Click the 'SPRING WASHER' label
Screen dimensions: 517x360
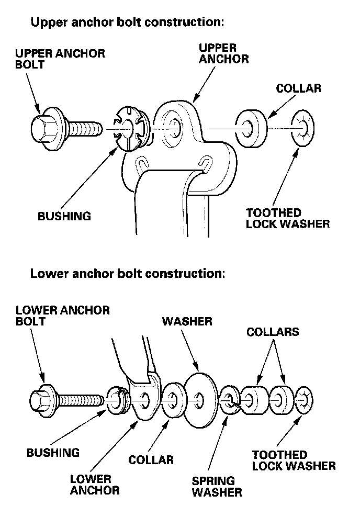pyautogui.click(x=217, y=486)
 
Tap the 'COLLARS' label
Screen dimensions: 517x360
pyautogui.click(x=273, y=332)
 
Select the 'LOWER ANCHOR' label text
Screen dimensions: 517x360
pyautogui.click(x=95, y=484)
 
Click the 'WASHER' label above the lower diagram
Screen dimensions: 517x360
pyautogui.click(x=187, y=321)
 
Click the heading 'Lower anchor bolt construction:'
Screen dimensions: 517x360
pyautogui.click(x=128, y=273)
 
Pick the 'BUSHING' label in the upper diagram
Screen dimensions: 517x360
pyautogui.click(x=64, y=215)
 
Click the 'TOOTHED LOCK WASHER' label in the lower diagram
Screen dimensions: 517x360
pyautogui.click(x=294, y=460)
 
